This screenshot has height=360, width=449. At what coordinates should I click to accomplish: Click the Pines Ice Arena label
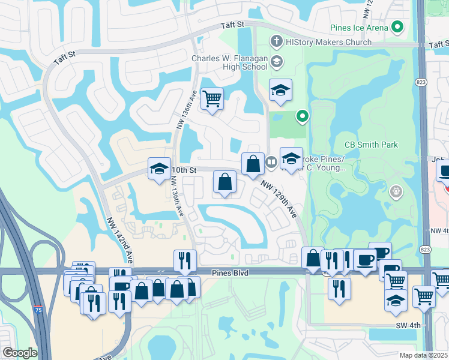(359, 28)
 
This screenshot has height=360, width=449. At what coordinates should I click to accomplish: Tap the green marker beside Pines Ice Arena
(397, 27)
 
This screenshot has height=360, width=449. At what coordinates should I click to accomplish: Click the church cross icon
(276, 42)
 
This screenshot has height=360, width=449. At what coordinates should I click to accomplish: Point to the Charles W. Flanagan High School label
(229, 62)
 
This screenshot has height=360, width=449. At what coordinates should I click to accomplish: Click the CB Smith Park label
(371, 145)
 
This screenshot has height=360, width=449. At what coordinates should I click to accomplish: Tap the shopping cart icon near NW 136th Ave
(212, 98)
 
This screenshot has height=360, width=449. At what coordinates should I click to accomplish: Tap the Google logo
(19, 353)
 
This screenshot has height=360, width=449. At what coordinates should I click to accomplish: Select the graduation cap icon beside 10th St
(159, 169)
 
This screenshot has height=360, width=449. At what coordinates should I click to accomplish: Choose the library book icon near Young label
(271, 161)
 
